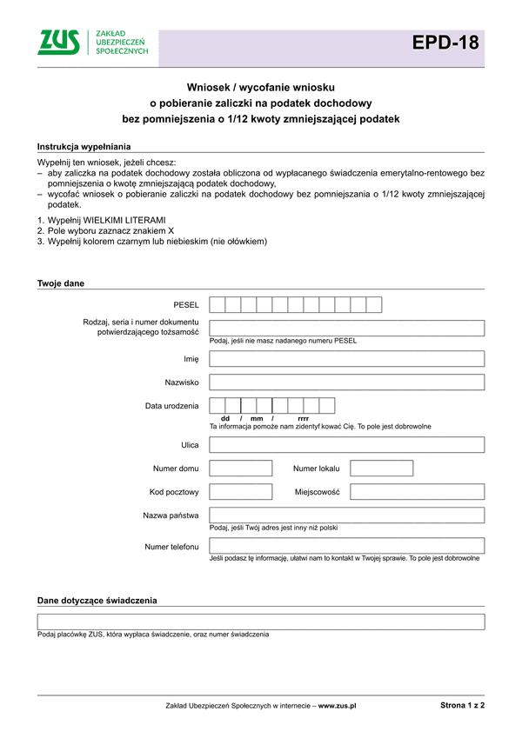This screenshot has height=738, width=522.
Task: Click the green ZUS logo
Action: pos(59,41)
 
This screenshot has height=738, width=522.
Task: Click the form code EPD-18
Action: pos(445,43)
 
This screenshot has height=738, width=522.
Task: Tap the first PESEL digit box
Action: pos(217,304)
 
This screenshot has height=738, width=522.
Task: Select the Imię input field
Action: pos(346,359)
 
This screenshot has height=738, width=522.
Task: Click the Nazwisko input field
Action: pos(346,382)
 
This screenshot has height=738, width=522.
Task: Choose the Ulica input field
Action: pos(346,445)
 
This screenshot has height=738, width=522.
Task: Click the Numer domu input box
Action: pos(241,469)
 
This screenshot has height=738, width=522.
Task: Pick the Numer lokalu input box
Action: pos(381,469)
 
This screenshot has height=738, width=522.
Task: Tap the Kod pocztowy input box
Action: pos(241,492)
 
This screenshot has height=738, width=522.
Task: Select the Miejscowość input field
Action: pos(417,492)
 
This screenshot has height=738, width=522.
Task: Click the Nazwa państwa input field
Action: pos(346,515)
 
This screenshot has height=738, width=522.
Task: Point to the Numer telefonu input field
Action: pos(346,546)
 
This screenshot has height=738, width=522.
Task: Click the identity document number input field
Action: pos(346,328)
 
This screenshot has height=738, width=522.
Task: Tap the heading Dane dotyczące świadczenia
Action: pos(97,601)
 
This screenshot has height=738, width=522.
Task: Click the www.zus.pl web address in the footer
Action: pos(338,708)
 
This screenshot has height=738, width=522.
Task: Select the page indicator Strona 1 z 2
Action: pos(462,707)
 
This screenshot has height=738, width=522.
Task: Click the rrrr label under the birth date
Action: pos(303,419)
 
